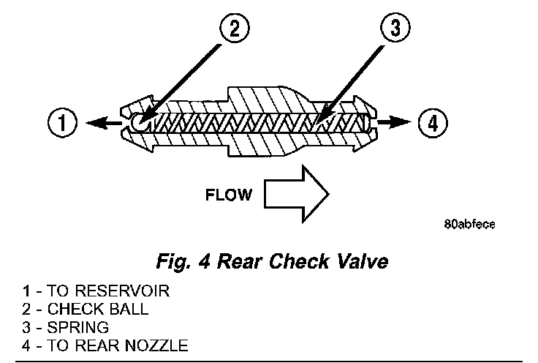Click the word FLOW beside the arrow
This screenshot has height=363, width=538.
[x=229, y=195]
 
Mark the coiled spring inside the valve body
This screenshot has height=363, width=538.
[x=249, y=121]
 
